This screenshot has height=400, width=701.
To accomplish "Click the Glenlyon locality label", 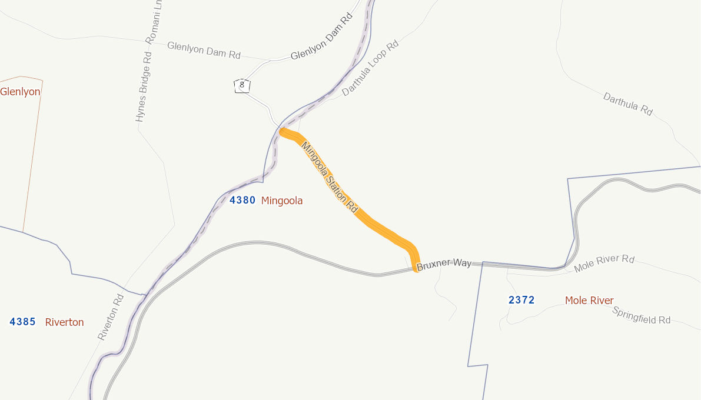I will [x=20, y=92].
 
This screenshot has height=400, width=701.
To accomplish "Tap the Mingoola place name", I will [x=282, y=201].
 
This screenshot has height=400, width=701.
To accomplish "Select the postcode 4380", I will [x=242, y=200].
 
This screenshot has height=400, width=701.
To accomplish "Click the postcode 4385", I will [x=23, y=322].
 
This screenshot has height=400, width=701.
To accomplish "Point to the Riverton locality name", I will [x=65, y=322].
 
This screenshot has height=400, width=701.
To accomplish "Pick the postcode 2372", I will [x=521, y=300].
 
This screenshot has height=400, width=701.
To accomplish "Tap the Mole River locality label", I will [x=589, y=301].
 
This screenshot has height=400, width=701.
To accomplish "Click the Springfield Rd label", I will [x=642, y=316].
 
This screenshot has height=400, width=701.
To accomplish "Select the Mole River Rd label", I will [x=604, y=263].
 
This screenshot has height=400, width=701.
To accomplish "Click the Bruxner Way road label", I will [x=444, y=264].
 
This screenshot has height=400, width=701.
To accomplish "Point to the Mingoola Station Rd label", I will [x=330, y=177].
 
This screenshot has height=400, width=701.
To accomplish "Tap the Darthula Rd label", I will [x=628, y=104].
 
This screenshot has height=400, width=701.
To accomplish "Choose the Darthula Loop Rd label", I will [x=370, y=68].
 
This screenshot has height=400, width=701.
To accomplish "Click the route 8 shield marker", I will [x=242, y=85].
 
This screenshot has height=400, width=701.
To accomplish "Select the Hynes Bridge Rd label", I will [x=144, y=86].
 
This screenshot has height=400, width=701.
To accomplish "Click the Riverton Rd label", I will [x=112, y=316].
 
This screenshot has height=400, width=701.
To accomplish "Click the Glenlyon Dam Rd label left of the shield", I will [x=204, y=50].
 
